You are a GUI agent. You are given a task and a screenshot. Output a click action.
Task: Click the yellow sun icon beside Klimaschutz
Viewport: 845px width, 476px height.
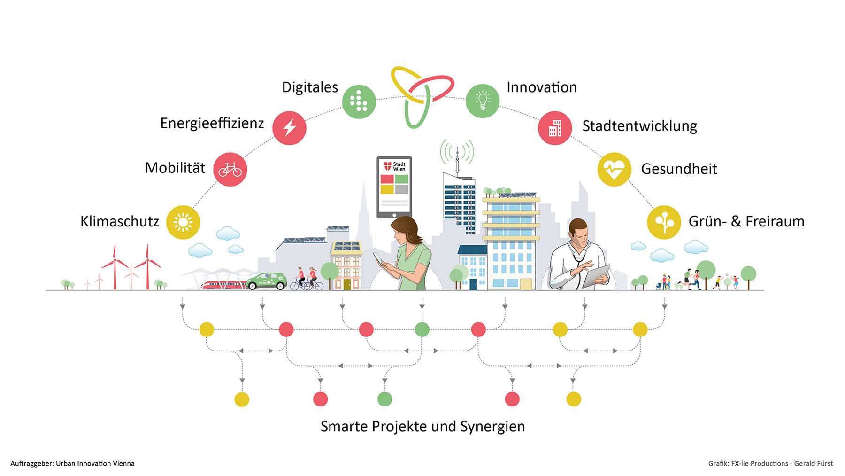point(183,222)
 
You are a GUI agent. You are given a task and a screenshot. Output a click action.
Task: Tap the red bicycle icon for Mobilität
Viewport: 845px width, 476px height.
point(230,169)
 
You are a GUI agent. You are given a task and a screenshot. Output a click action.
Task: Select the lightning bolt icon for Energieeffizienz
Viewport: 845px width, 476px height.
point(289,128)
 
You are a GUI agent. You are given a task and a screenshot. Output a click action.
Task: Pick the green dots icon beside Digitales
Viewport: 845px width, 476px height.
point(359,101)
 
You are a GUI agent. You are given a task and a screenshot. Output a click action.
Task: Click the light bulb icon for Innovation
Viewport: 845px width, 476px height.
point(482,101)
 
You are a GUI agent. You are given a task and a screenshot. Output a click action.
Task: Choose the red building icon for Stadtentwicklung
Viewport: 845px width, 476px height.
point(554,128)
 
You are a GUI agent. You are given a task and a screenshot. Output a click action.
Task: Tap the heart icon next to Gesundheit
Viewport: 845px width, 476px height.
point(614,169)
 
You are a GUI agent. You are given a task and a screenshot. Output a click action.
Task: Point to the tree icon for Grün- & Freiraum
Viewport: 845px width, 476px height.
point(664,222)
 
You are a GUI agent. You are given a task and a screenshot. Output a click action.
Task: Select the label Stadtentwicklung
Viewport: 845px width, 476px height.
point(639,126)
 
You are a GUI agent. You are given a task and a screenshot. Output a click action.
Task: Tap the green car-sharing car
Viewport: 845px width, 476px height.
point(266,281)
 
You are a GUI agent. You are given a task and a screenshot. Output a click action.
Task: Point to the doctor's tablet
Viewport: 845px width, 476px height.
point(596,276)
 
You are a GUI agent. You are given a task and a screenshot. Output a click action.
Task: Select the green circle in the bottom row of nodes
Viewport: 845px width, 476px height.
point(384,399)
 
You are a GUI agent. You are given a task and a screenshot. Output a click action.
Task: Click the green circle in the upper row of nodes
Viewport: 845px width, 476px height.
point(422,329)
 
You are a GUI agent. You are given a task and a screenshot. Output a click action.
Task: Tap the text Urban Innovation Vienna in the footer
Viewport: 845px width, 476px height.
point(95,463)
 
